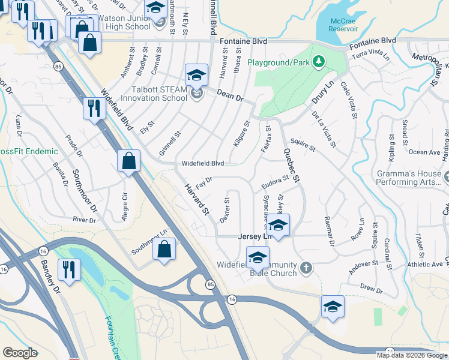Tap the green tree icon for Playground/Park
(319, 61)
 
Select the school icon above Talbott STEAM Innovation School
(196, 76)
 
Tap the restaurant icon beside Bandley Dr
(69, 269)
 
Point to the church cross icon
(306, 268)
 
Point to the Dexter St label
(225, 210)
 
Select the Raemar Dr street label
(328, 230)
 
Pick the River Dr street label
(83, 220)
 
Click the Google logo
(20, 353)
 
